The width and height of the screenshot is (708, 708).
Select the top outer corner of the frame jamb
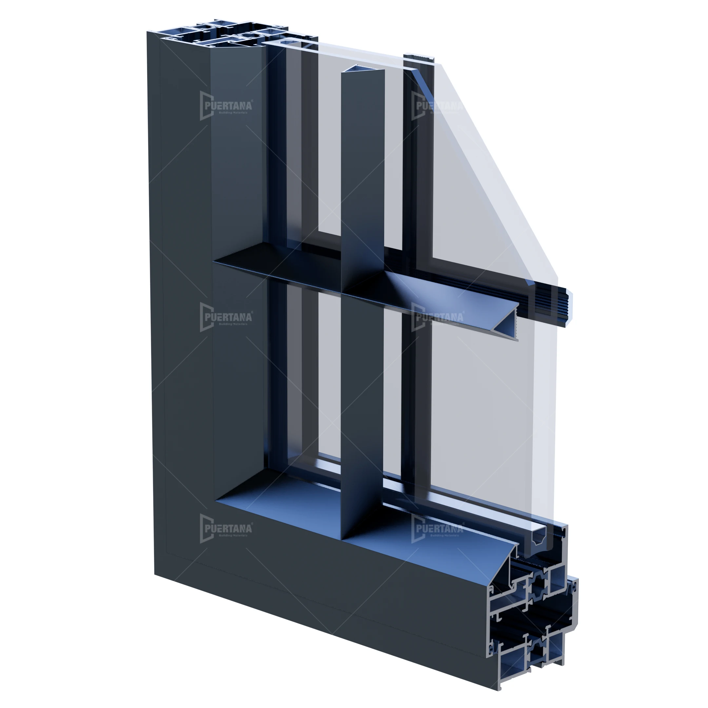pyautogui.click(x=148, y=32)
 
